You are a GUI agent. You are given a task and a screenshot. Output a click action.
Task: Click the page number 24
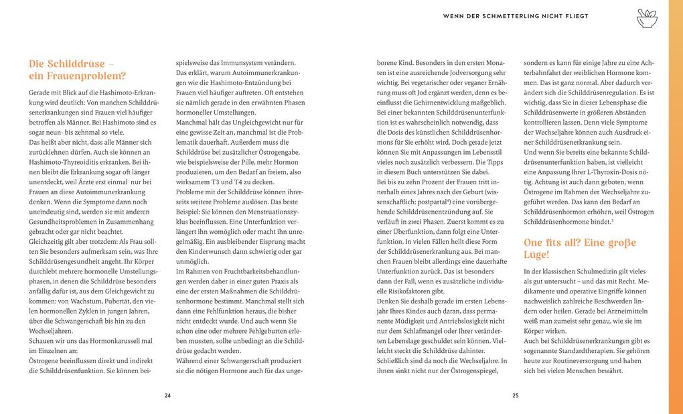(167, 395)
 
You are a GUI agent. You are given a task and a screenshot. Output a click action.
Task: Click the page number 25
(516, 395)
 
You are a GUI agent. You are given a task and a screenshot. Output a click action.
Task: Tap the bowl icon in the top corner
(647, 18)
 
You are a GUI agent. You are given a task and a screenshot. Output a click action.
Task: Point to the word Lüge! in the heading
(539, 255)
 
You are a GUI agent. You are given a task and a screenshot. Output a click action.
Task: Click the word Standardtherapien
(587, 350)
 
